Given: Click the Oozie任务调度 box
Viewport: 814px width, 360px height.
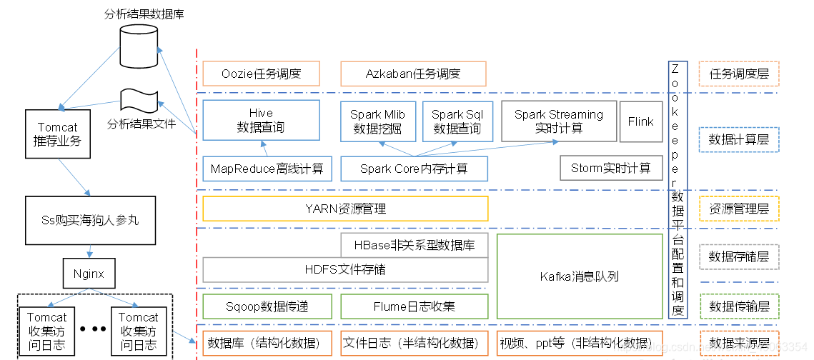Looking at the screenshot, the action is click(x=261, y=73).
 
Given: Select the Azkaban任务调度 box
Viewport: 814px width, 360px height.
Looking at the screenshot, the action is click(x=413, y=73).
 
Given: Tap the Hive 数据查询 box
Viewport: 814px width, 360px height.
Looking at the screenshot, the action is click(x=261, y=120).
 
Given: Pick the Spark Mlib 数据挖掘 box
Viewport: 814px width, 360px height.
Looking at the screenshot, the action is click(x=378, y=121).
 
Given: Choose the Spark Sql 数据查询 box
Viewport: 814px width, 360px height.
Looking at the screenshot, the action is click(x=457, y=121).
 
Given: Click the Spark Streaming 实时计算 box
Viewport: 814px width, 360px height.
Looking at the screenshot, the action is click(x=559, y=121).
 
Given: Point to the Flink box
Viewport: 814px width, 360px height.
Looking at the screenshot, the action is click(x=641, y=121).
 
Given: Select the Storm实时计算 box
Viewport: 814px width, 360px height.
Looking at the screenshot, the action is click(x=611, y=168).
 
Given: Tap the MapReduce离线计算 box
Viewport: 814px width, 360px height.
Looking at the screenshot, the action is click(x=267, y=169).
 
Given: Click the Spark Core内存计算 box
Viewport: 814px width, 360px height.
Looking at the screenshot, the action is click(x=415, y=169).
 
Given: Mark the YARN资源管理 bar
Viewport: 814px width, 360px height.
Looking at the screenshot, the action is click(x=345, y=209).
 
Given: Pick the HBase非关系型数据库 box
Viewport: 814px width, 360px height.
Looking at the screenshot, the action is click(x=415, y=245).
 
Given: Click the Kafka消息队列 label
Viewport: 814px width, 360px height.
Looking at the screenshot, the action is click(x=580, y=276).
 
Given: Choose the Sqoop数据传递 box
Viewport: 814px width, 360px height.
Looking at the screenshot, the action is click(x=267, y=306).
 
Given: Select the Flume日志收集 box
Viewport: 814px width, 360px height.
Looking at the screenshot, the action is click(x=415, y=306).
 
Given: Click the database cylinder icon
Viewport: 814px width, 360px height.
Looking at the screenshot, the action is click(x=139, y=45).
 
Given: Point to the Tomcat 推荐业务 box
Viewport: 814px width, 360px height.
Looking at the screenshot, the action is click(x=58, y=134).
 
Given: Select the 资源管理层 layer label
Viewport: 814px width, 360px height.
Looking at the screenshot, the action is click(x=739, y=209).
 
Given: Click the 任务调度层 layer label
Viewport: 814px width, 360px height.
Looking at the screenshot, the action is click(x=739, y=73).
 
